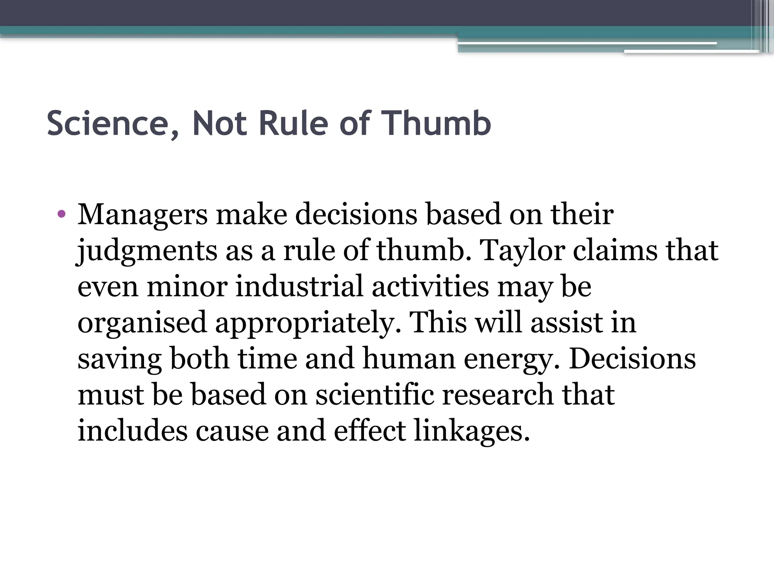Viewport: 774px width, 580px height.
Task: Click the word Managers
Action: point(142,215)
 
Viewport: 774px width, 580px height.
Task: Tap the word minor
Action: point(187,286)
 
